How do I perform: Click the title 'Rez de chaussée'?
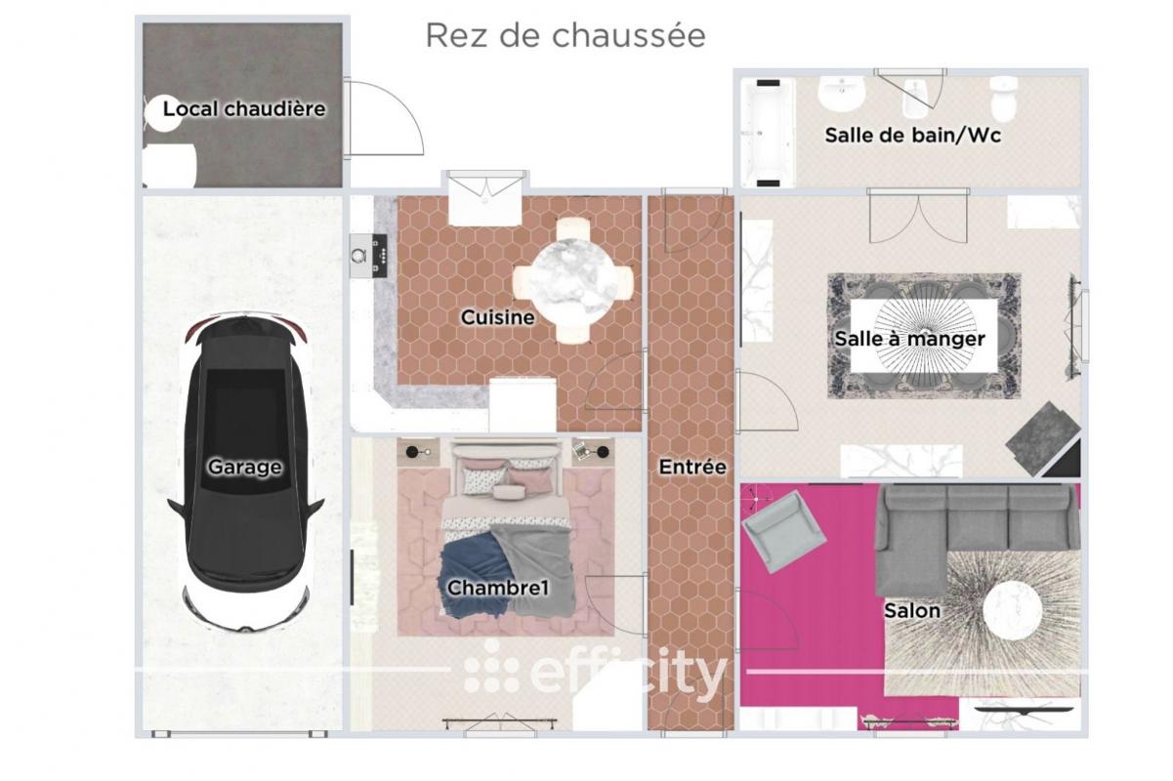566,36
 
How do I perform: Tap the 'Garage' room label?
244,467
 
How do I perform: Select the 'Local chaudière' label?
244,109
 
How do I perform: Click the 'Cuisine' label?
497,316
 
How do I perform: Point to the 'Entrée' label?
692,467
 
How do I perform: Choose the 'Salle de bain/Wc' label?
913,135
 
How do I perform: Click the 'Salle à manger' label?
909,338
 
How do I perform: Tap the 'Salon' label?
912,610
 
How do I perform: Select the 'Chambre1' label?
497,588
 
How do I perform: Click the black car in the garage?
245,472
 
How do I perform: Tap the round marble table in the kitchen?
572,280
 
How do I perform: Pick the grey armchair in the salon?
783,531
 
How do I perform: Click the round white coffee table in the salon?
1012,610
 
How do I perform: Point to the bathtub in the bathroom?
768,133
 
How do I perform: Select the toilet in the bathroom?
1003,99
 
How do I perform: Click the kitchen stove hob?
380,256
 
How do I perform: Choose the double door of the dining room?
918,216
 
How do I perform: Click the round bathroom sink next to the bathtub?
842,94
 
